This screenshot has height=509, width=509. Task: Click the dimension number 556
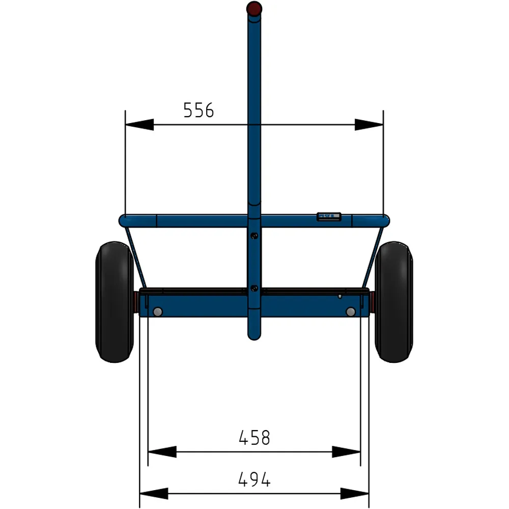199,110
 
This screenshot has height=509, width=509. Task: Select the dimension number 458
254,438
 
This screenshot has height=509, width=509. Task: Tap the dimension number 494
254,479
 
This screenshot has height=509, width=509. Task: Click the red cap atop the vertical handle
254,9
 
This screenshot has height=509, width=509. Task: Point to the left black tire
114,302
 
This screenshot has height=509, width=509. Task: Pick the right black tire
393,302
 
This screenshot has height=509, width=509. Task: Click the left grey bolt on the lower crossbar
157,312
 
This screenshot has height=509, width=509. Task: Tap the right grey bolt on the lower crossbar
351,312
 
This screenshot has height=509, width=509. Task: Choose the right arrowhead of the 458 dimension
347,451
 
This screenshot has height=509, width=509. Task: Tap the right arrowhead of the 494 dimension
355,493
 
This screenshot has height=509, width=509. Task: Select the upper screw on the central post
254,235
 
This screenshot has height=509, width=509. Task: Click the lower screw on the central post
254,289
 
